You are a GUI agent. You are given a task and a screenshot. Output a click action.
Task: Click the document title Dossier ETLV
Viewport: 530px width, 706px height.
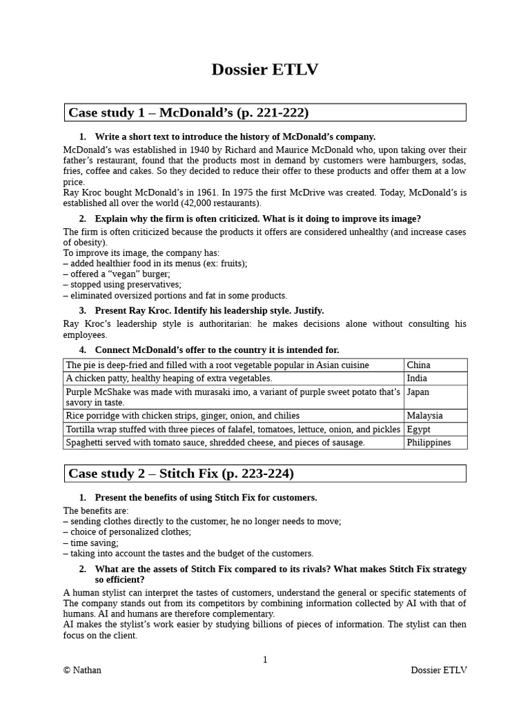[265, 70]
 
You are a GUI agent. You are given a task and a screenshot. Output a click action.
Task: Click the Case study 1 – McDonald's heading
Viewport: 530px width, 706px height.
[188, 112]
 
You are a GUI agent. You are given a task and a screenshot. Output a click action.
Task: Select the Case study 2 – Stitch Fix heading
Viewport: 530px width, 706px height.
[181, 474]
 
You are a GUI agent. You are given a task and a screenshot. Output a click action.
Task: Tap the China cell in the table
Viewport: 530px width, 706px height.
[419, 365]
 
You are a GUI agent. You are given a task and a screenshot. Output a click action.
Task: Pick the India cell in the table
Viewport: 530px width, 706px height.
[417, 378]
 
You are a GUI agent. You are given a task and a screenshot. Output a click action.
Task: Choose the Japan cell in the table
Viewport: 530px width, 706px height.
[418, 392]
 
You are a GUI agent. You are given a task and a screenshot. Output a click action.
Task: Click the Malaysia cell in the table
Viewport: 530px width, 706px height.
[425, 416]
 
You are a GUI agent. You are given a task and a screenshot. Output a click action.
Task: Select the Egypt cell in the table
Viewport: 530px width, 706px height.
[419, 429]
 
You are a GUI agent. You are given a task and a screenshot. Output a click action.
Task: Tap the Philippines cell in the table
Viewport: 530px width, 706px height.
[429, 443]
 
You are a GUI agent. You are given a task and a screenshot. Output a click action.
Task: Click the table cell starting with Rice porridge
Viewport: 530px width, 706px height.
[183, 416]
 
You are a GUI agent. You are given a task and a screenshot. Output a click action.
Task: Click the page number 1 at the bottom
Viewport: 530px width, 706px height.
[265, 660]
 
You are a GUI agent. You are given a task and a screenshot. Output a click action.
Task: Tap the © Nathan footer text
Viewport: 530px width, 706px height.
[82, 670]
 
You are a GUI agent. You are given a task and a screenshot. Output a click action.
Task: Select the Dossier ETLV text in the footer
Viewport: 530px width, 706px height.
[438, 670]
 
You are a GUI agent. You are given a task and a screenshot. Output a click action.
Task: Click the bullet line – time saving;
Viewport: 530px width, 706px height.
[91, 543]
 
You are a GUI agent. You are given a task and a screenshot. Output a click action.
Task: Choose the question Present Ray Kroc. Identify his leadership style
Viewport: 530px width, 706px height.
[209, 310]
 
